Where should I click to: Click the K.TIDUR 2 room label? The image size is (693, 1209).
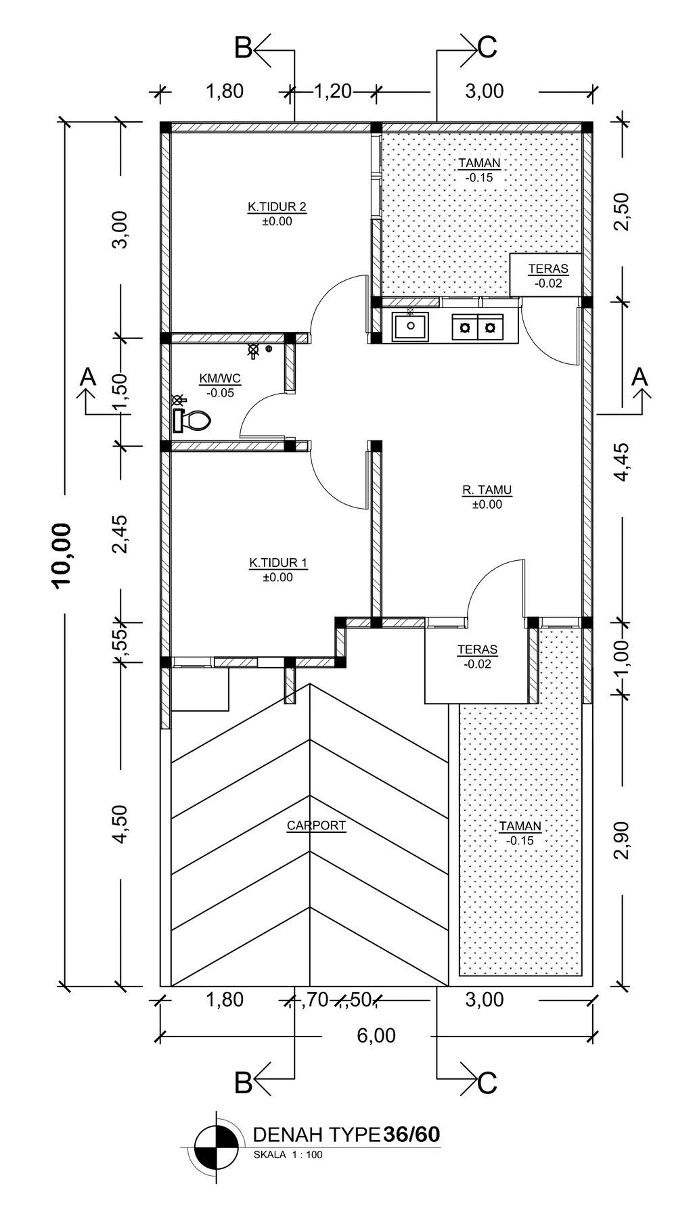point(277,206)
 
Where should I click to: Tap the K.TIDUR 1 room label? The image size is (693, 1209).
point(278,563)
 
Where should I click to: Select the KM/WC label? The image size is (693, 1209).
point(220,378)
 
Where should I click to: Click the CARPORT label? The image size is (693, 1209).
point(316,825)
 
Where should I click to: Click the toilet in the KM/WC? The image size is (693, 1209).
point(192,420)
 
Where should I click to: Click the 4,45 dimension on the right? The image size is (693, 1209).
point(622,462)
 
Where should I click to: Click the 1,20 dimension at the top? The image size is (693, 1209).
point(333,91)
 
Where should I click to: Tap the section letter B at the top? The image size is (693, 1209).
point(243,48)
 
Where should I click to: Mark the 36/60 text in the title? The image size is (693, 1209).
point(412,1135)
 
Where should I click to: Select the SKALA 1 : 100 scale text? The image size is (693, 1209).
point(288,1155)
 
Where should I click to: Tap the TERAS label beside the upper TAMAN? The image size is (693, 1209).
point(548,269)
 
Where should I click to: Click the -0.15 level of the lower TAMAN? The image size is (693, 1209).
point(520,840)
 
